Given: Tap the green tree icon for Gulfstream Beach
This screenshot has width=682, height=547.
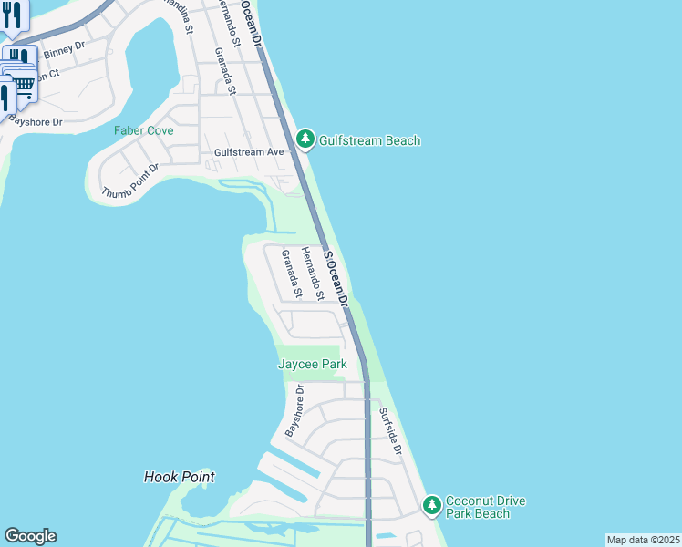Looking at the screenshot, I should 305,139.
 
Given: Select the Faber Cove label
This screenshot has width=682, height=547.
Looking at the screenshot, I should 143,130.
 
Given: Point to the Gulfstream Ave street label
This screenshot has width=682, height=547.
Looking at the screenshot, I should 250,152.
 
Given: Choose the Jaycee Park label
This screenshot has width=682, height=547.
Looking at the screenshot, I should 312,365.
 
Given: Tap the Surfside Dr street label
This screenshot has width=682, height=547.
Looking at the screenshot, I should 390,431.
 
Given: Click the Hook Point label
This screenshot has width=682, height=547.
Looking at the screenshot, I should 180,477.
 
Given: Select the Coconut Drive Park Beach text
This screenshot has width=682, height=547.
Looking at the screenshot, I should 485,508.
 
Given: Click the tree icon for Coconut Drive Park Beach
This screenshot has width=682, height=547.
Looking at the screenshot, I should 431,504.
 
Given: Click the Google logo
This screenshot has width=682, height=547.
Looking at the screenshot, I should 30,536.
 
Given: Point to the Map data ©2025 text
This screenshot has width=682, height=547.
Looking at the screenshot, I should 643,540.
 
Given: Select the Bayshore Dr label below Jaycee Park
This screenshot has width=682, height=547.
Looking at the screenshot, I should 293,410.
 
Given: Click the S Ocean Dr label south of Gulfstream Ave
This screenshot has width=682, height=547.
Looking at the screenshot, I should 337,279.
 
